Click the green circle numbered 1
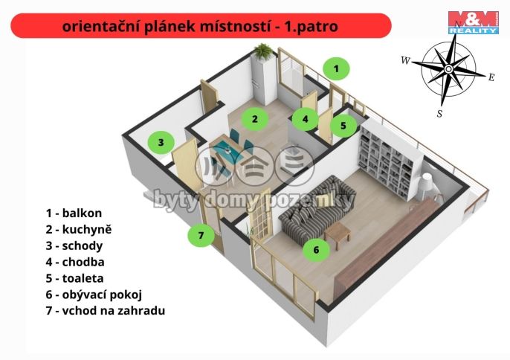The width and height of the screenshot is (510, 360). click(336, 69)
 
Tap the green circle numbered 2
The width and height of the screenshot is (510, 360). click(254, 118)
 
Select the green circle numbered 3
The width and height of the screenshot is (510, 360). click(161, 141)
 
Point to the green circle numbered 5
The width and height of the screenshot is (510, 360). click(343, 126)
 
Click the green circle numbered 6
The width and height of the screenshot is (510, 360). click(316, 250)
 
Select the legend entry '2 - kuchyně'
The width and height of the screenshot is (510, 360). click(78, 229)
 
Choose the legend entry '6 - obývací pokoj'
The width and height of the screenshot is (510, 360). click(93, 295)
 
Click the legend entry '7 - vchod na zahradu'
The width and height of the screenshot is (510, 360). click(105, 311)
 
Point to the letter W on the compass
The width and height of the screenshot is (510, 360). click(405, 61)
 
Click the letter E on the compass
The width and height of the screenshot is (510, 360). click(491, 77)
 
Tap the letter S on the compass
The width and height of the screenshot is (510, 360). click(439, 114)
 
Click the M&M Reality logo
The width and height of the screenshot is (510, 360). click(473, 22)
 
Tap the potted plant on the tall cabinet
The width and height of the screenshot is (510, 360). click(262, 51)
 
